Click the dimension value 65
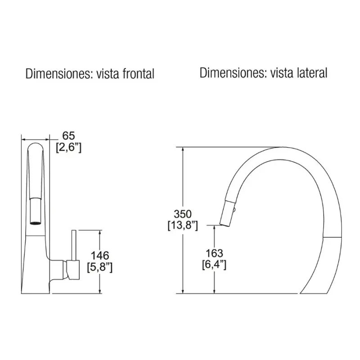pos(69,136)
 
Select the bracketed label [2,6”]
pos(69,147)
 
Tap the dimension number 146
pos(100,256)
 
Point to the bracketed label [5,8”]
pos(100,267)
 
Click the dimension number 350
pos(183,214)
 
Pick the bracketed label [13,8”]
pos(183,225)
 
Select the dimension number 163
pos(214,253)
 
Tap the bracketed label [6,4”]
pos(214,265)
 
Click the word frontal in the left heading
pos(139,74)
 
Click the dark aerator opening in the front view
pos(36,222)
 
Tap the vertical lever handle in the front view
pos(74,245)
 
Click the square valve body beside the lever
pos(73,270)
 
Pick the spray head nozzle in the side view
pos(228,213)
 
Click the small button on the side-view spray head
pos(234,209)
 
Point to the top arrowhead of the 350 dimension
pos(183,149)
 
